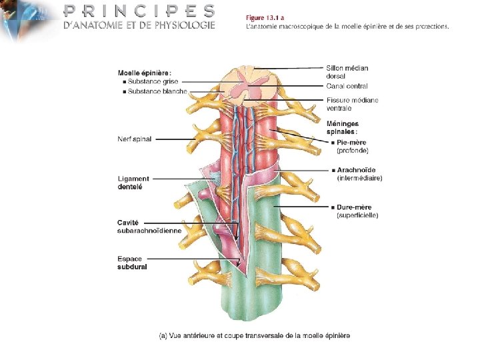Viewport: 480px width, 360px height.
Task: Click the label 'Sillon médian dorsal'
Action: [347, 71]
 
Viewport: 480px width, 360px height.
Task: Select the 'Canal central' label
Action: [347, 86]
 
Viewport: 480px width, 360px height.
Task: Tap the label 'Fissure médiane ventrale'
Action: [352, 104]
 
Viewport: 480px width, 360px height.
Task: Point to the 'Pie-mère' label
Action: [352, 143]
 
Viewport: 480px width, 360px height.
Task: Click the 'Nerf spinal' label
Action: [134, 139]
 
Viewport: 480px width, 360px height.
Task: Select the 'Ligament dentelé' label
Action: [133, 183]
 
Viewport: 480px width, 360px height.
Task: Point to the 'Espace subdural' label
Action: [132, 263]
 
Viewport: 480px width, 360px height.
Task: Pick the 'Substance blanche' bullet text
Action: [157, 91]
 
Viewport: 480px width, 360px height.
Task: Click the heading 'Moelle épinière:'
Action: [144, 73]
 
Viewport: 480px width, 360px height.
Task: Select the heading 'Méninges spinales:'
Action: [343, 127]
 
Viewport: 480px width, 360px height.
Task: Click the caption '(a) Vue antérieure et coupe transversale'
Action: [254, 335]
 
